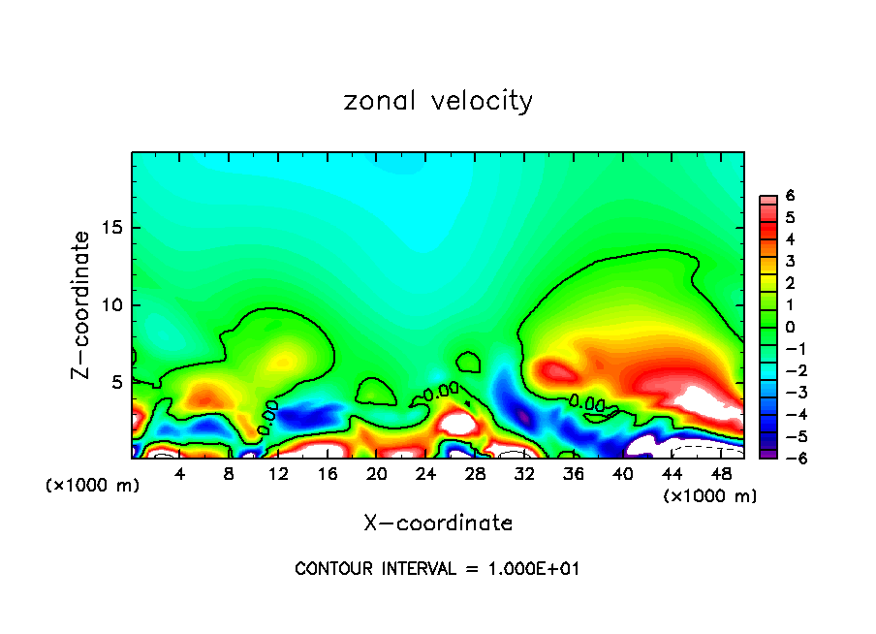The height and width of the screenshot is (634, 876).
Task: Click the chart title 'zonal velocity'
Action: coord(438,101)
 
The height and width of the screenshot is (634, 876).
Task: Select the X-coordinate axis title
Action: coord(438,523)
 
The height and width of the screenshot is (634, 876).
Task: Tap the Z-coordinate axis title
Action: coord(83,304)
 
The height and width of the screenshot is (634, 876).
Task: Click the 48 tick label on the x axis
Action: coord(721,475)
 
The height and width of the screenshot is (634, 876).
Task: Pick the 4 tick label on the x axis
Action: coord(179,475)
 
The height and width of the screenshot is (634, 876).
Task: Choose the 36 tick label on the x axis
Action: coord(574,475)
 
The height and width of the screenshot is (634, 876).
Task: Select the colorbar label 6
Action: coord(791,196)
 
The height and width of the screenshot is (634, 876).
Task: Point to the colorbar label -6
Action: coord(788,459)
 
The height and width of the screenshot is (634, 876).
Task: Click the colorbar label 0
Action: coord(791,327)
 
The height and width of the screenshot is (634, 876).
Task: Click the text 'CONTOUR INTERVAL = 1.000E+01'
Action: coord(438,569)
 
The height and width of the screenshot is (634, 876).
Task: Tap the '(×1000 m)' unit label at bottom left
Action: coord(93,486)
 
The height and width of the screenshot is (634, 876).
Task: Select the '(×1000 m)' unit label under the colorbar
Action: coord(709,496)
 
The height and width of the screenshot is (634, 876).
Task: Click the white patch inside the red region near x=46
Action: coord(704,398)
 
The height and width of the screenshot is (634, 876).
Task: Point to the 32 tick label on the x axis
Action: coord(524,475)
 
